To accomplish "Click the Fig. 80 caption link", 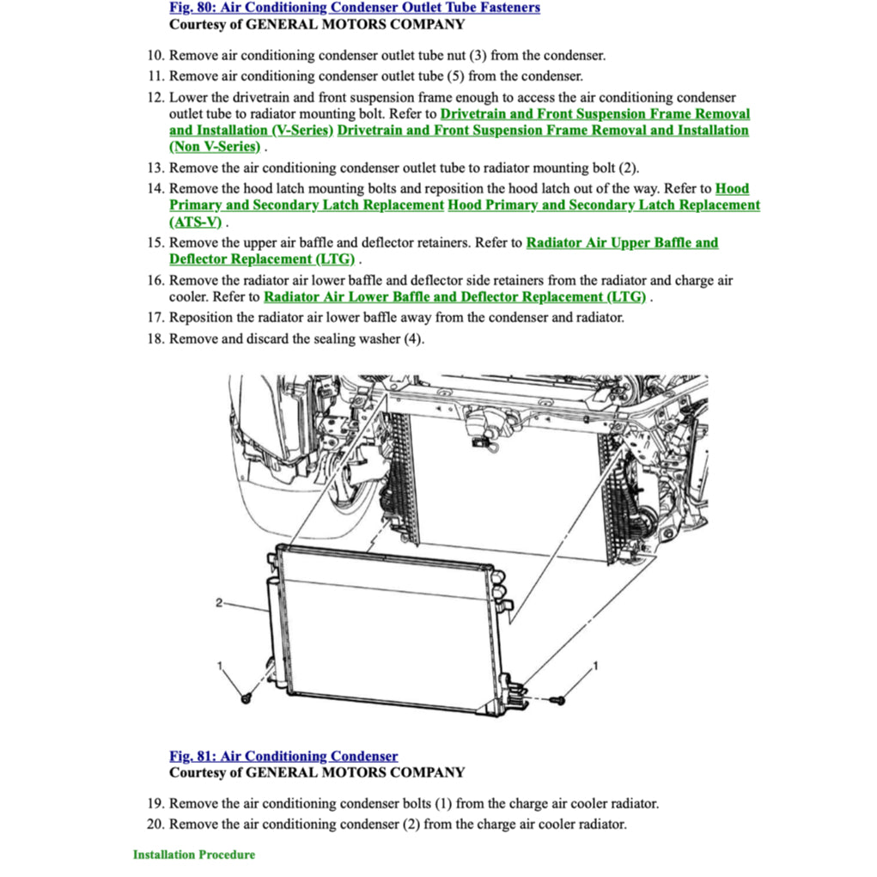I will click(354, 8).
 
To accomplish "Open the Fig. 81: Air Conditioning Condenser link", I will click(283, 756).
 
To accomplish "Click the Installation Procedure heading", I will click(193, 855).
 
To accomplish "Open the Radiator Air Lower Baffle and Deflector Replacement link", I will click(455, 297).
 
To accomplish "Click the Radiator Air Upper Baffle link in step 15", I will click(621, 243).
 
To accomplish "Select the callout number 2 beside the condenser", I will click(219, 603).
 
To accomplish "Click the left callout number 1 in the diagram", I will click(221, 666).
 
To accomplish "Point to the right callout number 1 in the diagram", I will click(596, 666).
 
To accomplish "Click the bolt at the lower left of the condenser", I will click(247, 697).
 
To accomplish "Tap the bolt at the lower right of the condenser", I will click(559, 702).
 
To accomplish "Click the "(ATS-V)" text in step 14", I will click(195, 222).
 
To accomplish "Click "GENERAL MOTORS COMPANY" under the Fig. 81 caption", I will click(356, 772).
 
